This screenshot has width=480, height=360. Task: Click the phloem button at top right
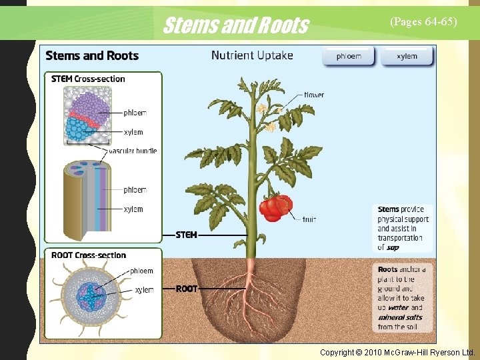[349, 57]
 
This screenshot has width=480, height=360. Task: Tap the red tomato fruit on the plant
[276, 207]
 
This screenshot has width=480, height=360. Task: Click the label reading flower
[314, 95]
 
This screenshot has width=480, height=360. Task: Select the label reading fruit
[309, 219]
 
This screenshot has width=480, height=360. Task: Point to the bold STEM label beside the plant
[186, 235]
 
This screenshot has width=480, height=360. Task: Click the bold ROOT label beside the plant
[187, 289]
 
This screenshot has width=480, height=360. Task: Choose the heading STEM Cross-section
[88, 79]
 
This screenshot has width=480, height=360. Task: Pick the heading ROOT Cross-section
[88, 255]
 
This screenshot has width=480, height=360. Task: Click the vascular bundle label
[133, 151]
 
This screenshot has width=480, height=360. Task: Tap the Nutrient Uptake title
[252, 55]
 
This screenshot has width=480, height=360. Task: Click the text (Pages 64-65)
[423, 21]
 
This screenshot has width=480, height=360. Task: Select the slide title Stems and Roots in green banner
[235, 25]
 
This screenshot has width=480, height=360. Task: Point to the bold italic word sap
[393, 247]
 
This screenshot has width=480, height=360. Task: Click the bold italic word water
[399, 308]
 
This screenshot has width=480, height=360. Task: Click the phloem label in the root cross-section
[141, 271]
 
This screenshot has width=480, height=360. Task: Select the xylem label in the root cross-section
[144, 290]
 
